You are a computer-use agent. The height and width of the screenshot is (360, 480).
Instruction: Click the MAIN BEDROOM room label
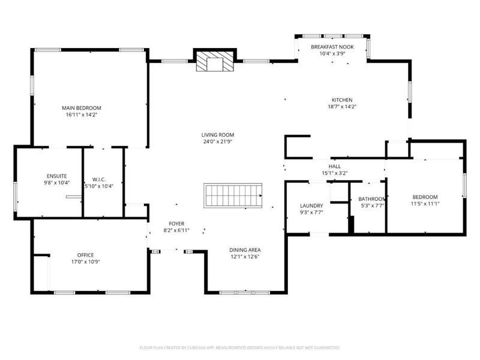click(x=81, y=108)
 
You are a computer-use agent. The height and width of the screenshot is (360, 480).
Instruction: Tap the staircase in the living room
click(x=233, y=196)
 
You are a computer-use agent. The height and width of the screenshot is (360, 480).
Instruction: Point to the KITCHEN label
click(x=342, y=100)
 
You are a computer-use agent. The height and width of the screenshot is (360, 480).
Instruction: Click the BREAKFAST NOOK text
click(x=332, y=47)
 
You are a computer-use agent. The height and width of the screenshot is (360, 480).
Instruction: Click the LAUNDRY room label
click(x=311, y=206)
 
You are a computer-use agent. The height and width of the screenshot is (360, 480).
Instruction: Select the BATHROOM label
click(x=371, y=199)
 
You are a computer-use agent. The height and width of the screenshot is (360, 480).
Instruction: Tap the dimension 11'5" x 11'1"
click(x=424, y=204)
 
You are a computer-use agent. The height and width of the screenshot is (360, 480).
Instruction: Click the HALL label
click(x=334, y=166)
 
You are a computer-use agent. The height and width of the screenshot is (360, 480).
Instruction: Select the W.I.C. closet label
click(x=99, y=179)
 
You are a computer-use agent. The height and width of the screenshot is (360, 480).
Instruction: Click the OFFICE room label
click(x=85, y=255)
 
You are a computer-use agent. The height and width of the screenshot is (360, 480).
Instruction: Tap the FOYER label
click(x=176, y=223)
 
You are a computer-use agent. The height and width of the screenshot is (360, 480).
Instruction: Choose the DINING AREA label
click(x=245, y=250)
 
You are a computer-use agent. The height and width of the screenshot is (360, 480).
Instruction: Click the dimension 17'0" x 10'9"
click(x=85, y=262)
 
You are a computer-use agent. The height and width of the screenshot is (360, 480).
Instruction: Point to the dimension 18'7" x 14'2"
click(x=342, y=107)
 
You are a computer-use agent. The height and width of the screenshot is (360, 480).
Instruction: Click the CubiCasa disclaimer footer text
click(x=240, y=347)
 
